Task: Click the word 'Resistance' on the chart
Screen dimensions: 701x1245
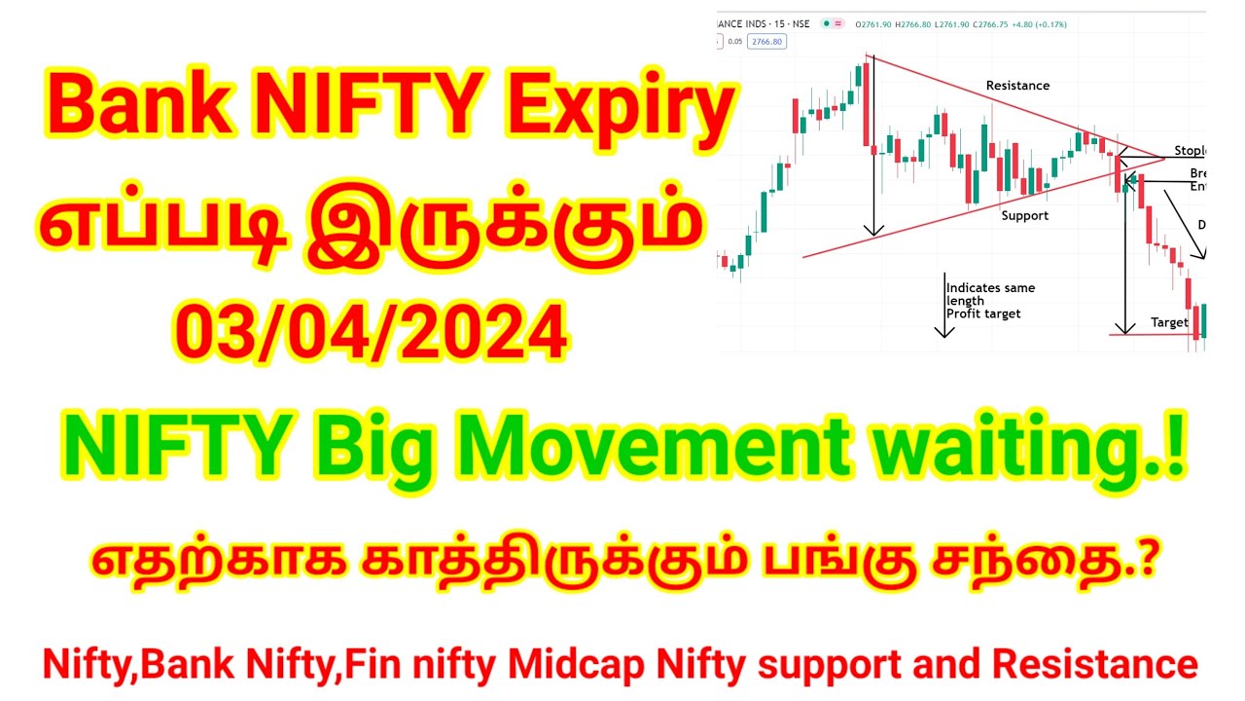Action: pyautogui.click(x=1017, y=86)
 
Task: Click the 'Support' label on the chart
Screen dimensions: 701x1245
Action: pyautogui.click(x=1025, y=215)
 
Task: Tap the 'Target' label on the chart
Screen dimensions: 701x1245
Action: pyautogui.click(x=1169, y=322)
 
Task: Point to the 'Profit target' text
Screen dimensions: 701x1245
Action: pyautogui.click(x=983, y=314)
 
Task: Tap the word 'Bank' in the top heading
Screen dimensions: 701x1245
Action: pyautogui.click(x=139, y=109)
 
